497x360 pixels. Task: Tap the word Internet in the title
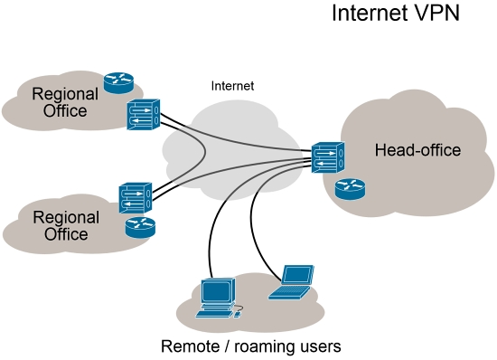coord(368,14)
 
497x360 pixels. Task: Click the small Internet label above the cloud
coord(232,86)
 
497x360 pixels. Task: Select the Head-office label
coord(417,150)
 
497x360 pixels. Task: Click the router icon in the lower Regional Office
coord(140,226)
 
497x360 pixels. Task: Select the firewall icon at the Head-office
coord(327,156)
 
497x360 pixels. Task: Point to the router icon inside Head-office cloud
coord(349,188)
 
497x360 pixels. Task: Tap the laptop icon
coord(293,282)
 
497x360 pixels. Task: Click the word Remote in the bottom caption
coord(190,346)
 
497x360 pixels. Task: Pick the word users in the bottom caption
coord(322,346)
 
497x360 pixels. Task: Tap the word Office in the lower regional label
coord(65,234)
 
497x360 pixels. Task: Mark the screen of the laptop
coord(296,275)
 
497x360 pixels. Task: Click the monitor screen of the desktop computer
coord(217,291)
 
